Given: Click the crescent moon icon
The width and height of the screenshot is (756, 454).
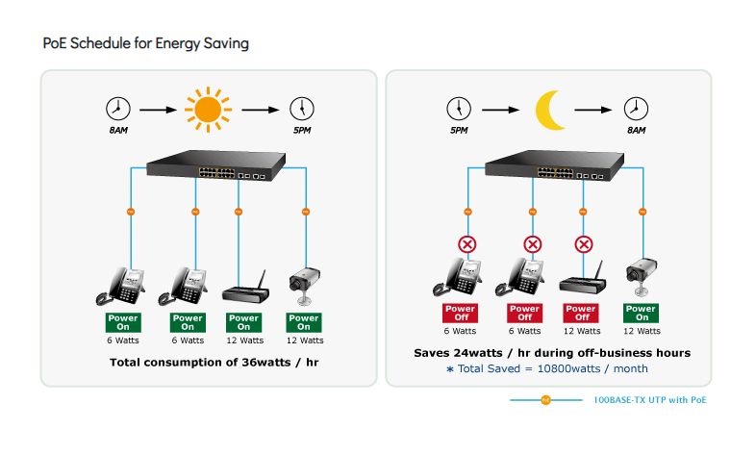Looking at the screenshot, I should (x=551, y=110).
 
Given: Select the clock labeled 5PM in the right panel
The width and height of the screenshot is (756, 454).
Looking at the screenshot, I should (x=458, y=109).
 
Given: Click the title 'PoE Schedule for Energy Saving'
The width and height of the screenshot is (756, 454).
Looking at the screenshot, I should (x=146, y=44).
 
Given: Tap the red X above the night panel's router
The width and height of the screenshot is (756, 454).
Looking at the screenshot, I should (x=582, y=244).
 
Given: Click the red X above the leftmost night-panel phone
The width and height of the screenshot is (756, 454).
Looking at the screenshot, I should (x=467, y=244).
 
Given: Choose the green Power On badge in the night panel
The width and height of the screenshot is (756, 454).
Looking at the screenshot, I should (x=641, y=313).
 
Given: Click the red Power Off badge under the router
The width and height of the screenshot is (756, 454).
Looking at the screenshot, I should (x=581, y=313).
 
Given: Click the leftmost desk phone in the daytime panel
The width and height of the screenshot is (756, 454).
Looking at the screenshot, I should (x=123, y=285).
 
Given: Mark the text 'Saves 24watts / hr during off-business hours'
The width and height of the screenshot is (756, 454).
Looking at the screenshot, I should (x=551, y=353).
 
